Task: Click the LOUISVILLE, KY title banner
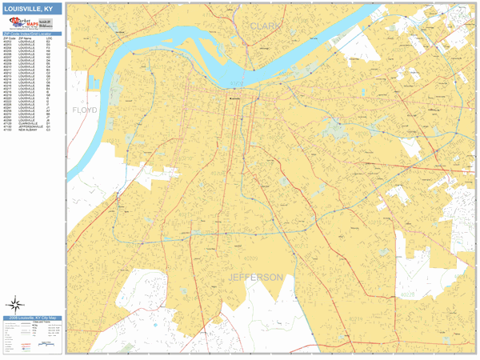31,8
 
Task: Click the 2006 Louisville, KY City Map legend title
31,318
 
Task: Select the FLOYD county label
84,110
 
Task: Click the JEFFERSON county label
256,278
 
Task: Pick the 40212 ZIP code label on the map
180,88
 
